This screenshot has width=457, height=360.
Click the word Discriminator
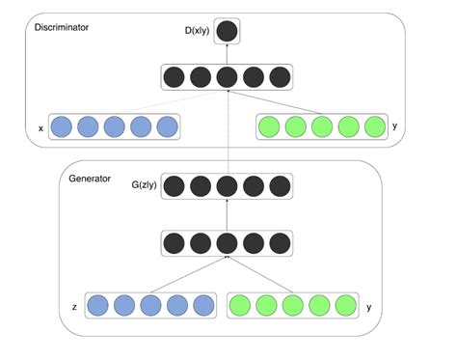(x=62, y=28)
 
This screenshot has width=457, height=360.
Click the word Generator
(x=89, y=178)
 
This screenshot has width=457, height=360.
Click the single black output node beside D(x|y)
(x=227, y=32)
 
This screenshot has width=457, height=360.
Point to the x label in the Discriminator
(x=40, y=126)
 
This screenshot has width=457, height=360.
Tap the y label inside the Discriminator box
(x=395, y=125)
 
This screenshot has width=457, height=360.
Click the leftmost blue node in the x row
(x=63, y=126)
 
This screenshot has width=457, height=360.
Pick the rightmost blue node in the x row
(x=167, y=126)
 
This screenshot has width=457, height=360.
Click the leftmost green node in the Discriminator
(x=271, y=126)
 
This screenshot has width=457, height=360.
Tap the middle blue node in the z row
(x=149, y=306)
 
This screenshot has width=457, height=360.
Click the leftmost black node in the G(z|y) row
(x=175, y=184)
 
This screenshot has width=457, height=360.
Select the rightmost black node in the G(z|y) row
(x=279, y=184)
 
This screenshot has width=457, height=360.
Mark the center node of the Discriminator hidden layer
(x=227, y=76)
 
